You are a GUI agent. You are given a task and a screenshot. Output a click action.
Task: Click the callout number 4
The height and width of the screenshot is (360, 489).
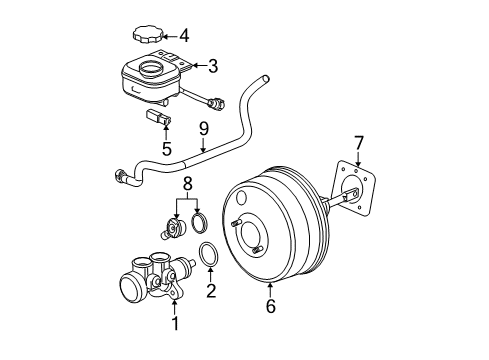(184, 36)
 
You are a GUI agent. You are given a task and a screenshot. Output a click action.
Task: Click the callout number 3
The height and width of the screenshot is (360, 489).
(212, 67)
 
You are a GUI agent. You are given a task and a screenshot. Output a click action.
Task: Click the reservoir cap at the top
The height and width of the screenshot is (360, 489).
(148, 35)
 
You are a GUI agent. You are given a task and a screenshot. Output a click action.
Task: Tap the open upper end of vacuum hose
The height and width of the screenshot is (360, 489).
(264, 78)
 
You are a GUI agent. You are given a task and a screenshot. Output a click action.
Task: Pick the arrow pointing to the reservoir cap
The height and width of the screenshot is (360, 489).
(170, 36)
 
